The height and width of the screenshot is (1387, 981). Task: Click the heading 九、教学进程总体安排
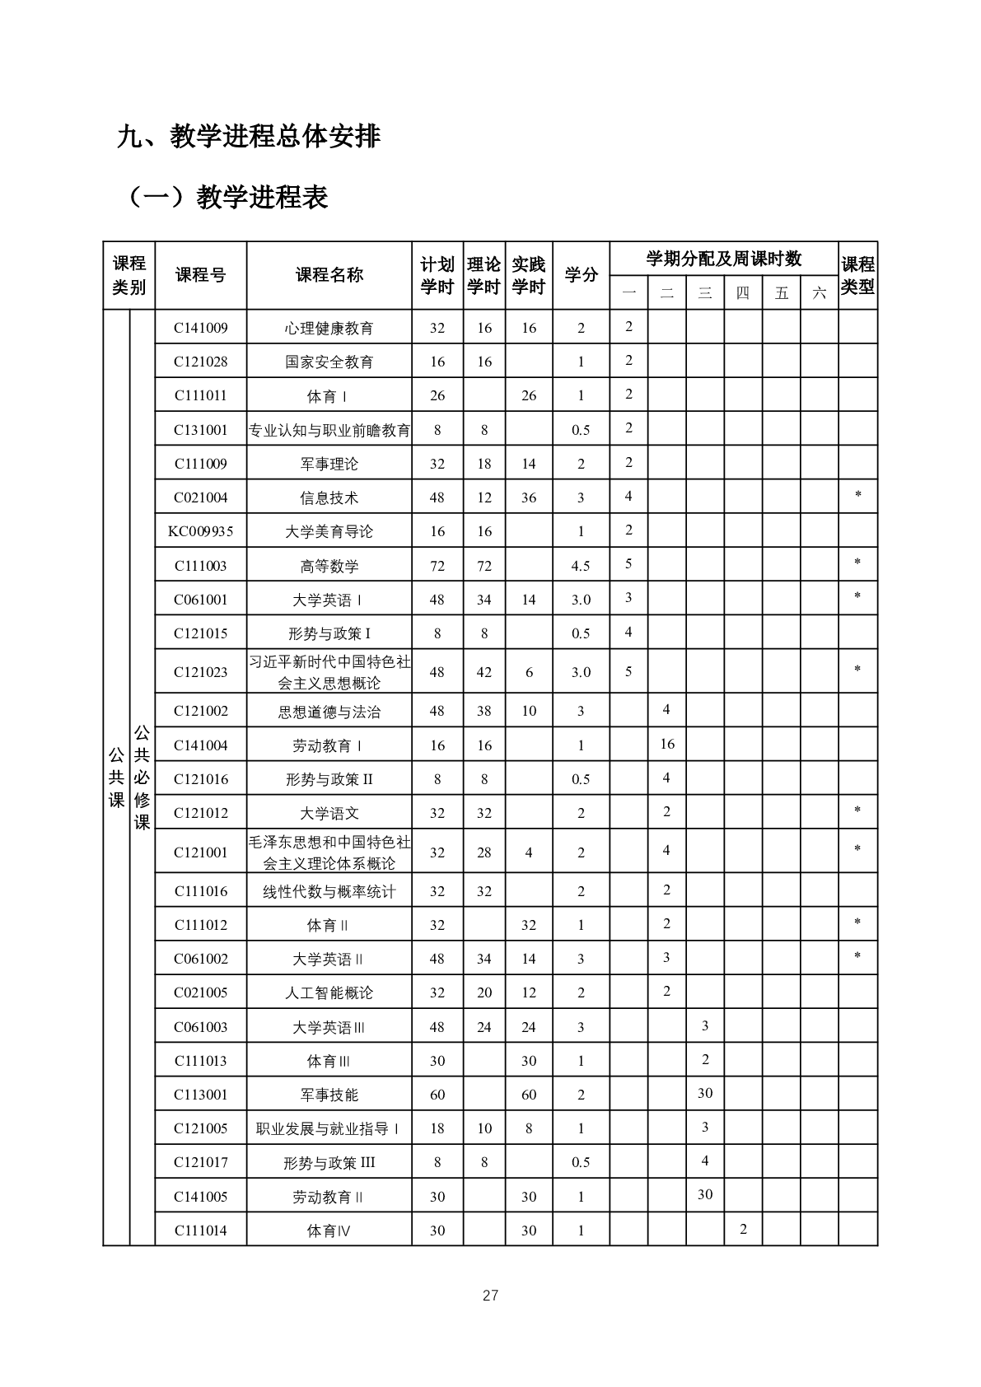249,137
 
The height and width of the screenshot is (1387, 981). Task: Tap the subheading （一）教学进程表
227,198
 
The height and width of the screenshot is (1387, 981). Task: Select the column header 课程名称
329,275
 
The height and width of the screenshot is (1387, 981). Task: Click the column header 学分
581,275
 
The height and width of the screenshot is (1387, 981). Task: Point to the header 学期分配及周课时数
723,259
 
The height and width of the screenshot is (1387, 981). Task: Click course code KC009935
200,531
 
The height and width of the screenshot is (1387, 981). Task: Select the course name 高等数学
329,566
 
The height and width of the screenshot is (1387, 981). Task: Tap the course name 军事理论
329,464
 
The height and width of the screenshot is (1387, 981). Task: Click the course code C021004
200,497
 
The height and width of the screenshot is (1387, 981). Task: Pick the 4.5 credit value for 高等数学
581,566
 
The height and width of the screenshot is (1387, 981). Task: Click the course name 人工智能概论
329,992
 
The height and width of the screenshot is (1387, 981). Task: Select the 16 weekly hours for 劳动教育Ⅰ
667,744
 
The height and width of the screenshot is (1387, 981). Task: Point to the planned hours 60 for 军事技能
437,1095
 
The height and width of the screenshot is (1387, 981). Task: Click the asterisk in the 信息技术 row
858,496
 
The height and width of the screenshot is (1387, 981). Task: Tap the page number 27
490,1296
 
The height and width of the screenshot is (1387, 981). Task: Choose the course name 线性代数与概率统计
329,891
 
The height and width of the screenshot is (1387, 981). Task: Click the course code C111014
200,1231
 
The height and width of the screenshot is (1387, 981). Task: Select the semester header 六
819,293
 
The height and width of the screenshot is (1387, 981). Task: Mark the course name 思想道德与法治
329,712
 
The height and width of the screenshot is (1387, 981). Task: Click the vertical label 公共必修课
142,777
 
